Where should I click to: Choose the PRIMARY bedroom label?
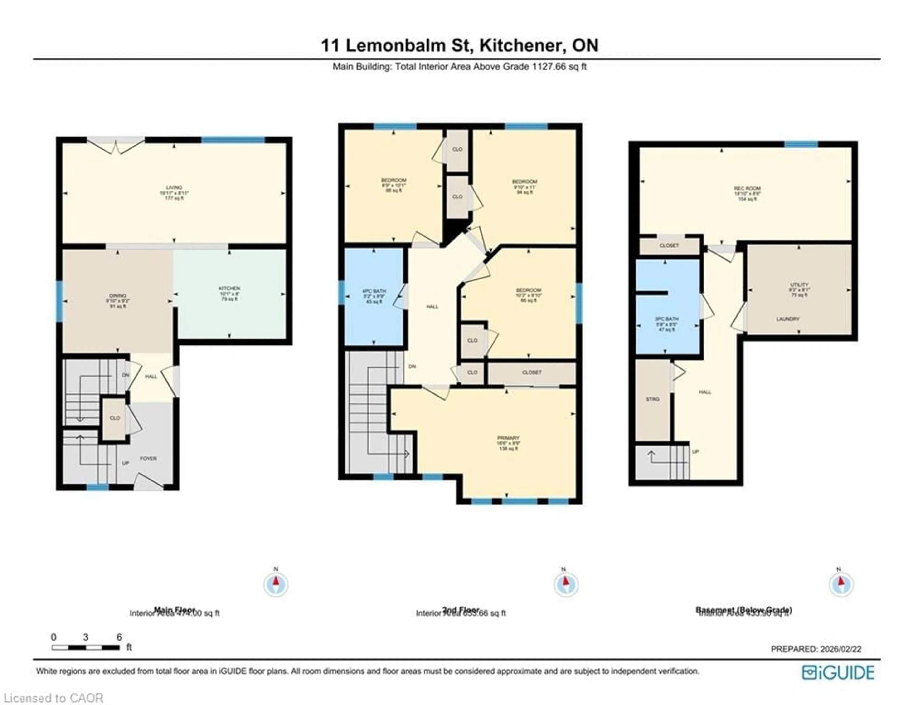(x=508, y=438)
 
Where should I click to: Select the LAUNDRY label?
(x=788, y=319)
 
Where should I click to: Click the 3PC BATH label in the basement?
(x=666, y=319)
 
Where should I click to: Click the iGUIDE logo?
(x=838, y=672)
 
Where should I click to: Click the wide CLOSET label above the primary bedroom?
(x=532, y=372)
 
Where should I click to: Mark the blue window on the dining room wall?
(x=59, y=301)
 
